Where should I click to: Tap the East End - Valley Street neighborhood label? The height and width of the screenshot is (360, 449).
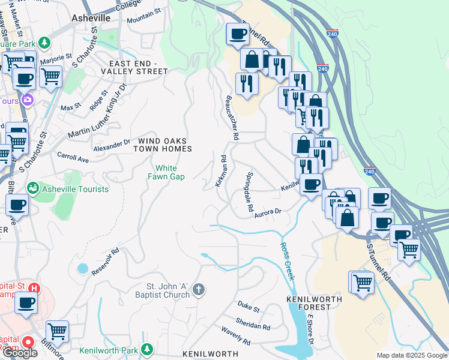click(x=138, y=67)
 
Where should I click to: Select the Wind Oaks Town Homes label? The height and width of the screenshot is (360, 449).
click(x=164, y=145)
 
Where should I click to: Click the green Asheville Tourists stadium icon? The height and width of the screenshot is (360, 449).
click(x=33, y=189)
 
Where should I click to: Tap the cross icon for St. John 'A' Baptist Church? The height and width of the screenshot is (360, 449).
click(x=199, y=291)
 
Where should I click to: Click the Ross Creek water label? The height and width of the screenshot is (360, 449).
click(x=287, y=261)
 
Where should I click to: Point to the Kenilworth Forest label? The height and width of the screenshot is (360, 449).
click(x=309, y=302)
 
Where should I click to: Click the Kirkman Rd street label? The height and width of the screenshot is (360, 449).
click(x=220, y=171)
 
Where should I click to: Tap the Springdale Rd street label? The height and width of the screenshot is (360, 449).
click(x=249, y=192)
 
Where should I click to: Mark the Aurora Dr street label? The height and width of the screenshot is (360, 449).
click(x=268, y=212)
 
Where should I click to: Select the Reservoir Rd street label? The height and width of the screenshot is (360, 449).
click(x=106, y=262)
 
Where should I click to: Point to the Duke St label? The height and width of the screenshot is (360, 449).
click(x=248, y=309)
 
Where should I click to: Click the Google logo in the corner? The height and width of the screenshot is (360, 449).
click(x=19, y=353)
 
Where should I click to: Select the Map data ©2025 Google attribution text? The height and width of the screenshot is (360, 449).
click(x=411, y=355)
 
